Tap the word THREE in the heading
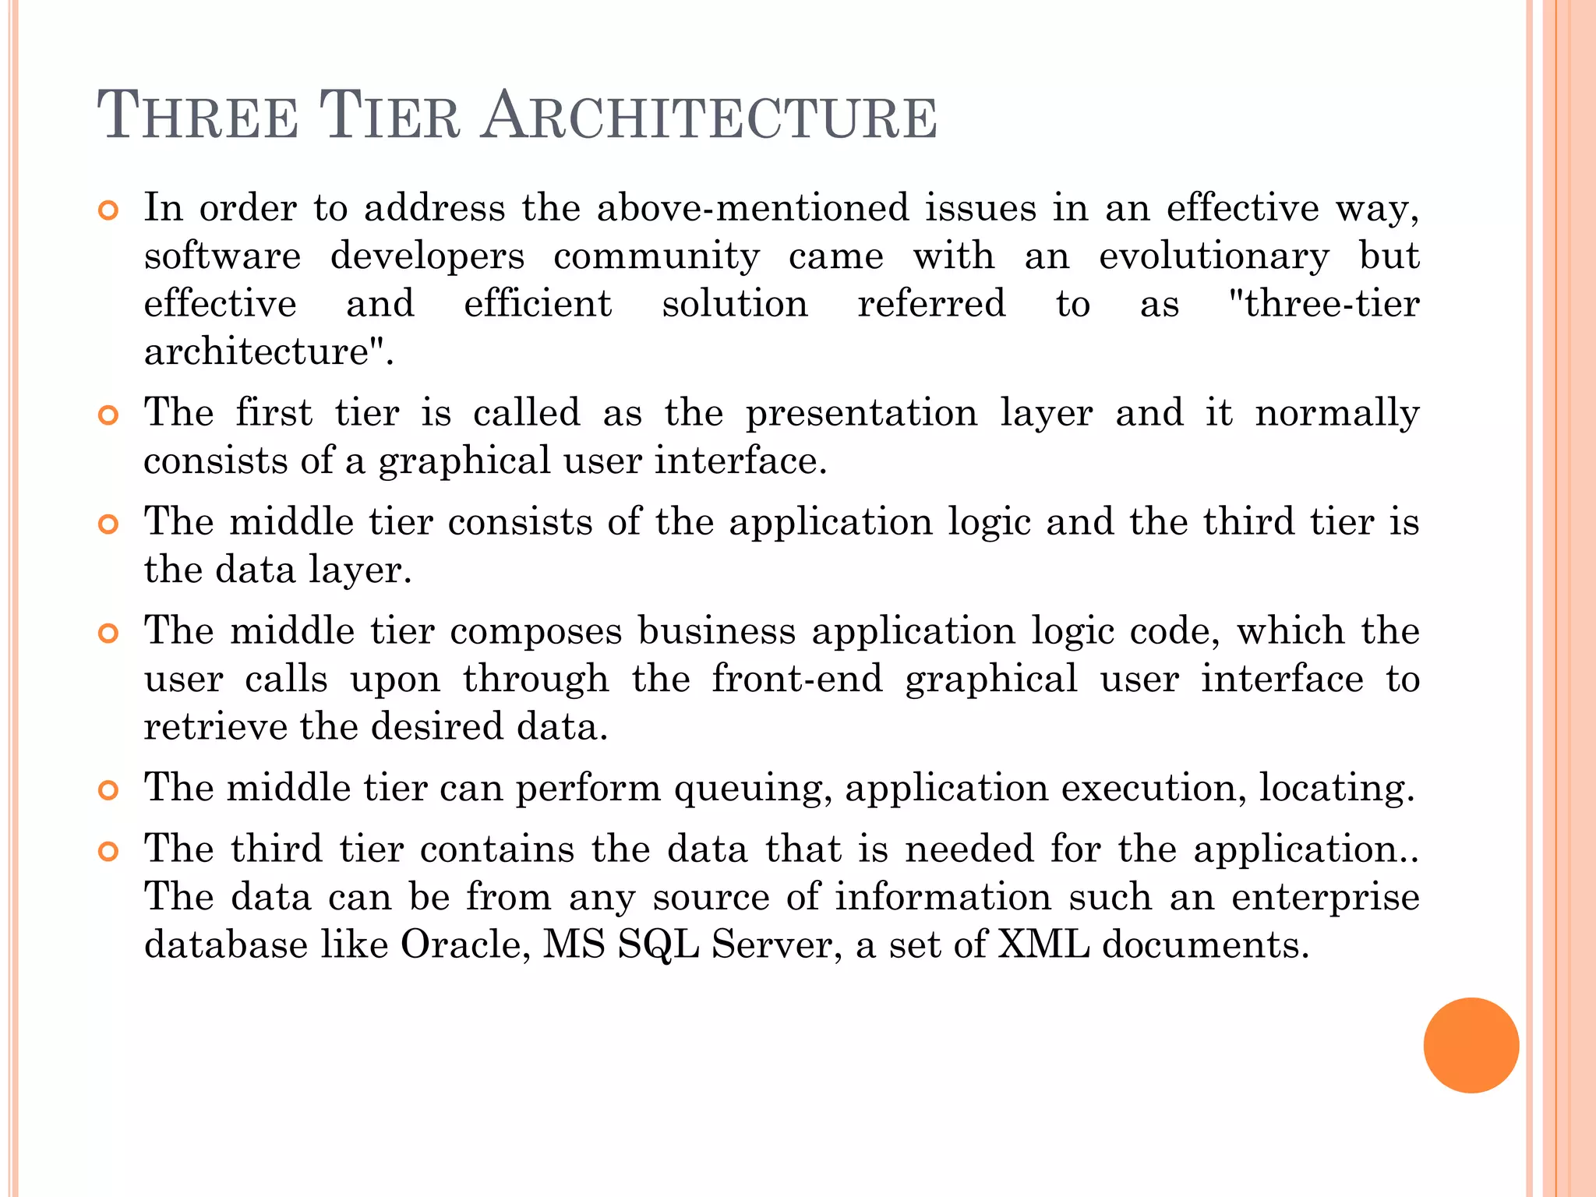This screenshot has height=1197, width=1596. pos(198,117)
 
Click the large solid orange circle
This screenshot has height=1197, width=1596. pos(1471,1045)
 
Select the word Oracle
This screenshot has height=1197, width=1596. pos(465,945)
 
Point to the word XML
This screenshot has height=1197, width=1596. pos(1043,945)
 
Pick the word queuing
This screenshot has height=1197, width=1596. pos(749,788)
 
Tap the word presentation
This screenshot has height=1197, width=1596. pos(861,412)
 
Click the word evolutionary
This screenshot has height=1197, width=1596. pos(1213,256)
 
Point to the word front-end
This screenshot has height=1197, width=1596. pos(796,679)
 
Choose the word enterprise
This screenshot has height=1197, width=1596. pos(1325,897)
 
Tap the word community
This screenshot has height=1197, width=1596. pos(656,256)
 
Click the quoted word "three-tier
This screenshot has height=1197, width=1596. pos(1322,304)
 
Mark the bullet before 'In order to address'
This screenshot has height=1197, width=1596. pos(108,210)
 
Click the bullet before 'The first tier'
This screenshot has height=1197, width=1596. pos(108,415)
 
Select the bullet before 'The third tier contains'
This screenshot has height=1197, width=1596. pos(108,852)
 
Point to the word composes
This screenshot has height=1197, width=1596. pos(536,631)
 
